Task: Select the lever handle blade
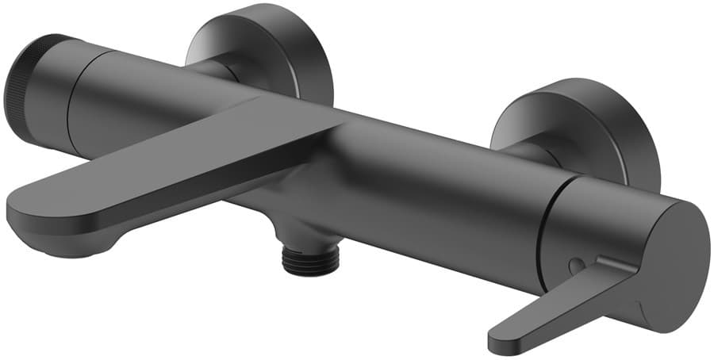pyautogui.click(x=555, y=305)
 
